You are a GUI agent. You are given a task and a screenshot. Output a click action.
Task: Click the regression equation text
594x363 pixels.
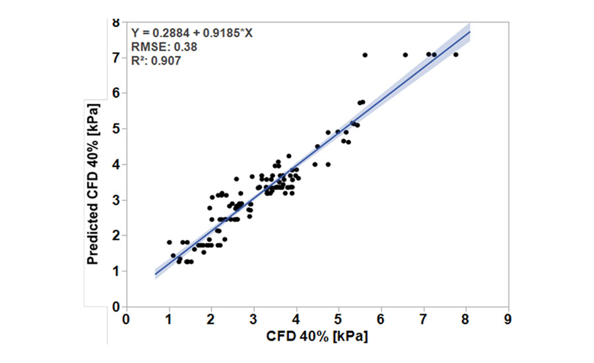(191, 33)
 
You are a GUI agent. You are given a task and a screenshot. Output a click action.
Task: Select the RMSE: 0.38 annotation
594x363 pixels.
(164, 47)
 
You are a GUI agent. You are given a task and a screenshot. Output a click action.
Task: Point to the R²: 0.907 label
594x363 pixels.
(156, 60)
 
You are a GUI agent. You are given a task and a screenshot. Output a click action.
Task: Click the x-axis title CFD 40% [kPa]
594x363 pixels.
(317, 336)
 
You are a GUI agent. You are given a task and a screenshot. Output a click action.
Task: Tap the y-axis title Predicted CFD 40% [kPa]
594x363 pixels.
(95, 183)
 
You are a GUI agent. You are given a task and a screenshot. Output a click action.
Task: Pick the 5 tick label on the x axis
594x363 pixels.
(339, 318)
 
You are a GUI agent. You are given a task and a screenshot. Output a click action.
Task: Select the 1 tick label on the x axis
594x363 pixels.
(169, 318)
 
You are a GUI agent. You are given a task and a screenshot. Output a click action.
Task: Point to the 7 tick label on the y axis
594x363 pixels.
(116, 58)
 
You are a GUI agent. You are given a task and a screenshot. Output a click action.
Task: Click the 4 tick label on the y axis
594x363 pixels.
(116, 164)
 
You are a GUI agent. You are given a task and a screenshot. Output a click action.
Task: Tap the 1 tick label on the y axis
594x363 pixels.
(116, 271)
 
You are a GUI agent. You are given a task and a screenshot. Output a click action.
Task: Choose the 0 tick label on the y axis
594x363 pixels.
(116, 307)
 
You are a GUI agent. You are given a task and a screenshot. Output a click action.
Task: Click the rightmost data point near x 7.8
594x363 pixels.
(455, 55)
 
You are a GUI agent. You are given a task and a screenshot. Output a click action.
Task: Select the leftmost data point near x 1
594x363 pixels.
(169, 242)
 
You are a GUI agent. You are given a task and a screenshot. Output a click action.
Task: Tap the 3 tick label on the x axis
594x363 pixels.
(254, 318)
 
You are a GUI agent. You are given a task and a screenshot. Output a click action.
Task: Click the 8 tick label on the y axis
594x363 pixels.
(116, 22)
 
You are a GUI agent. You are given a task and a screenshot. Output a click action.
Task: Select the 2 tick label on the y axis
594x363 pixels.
(116, 236)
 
